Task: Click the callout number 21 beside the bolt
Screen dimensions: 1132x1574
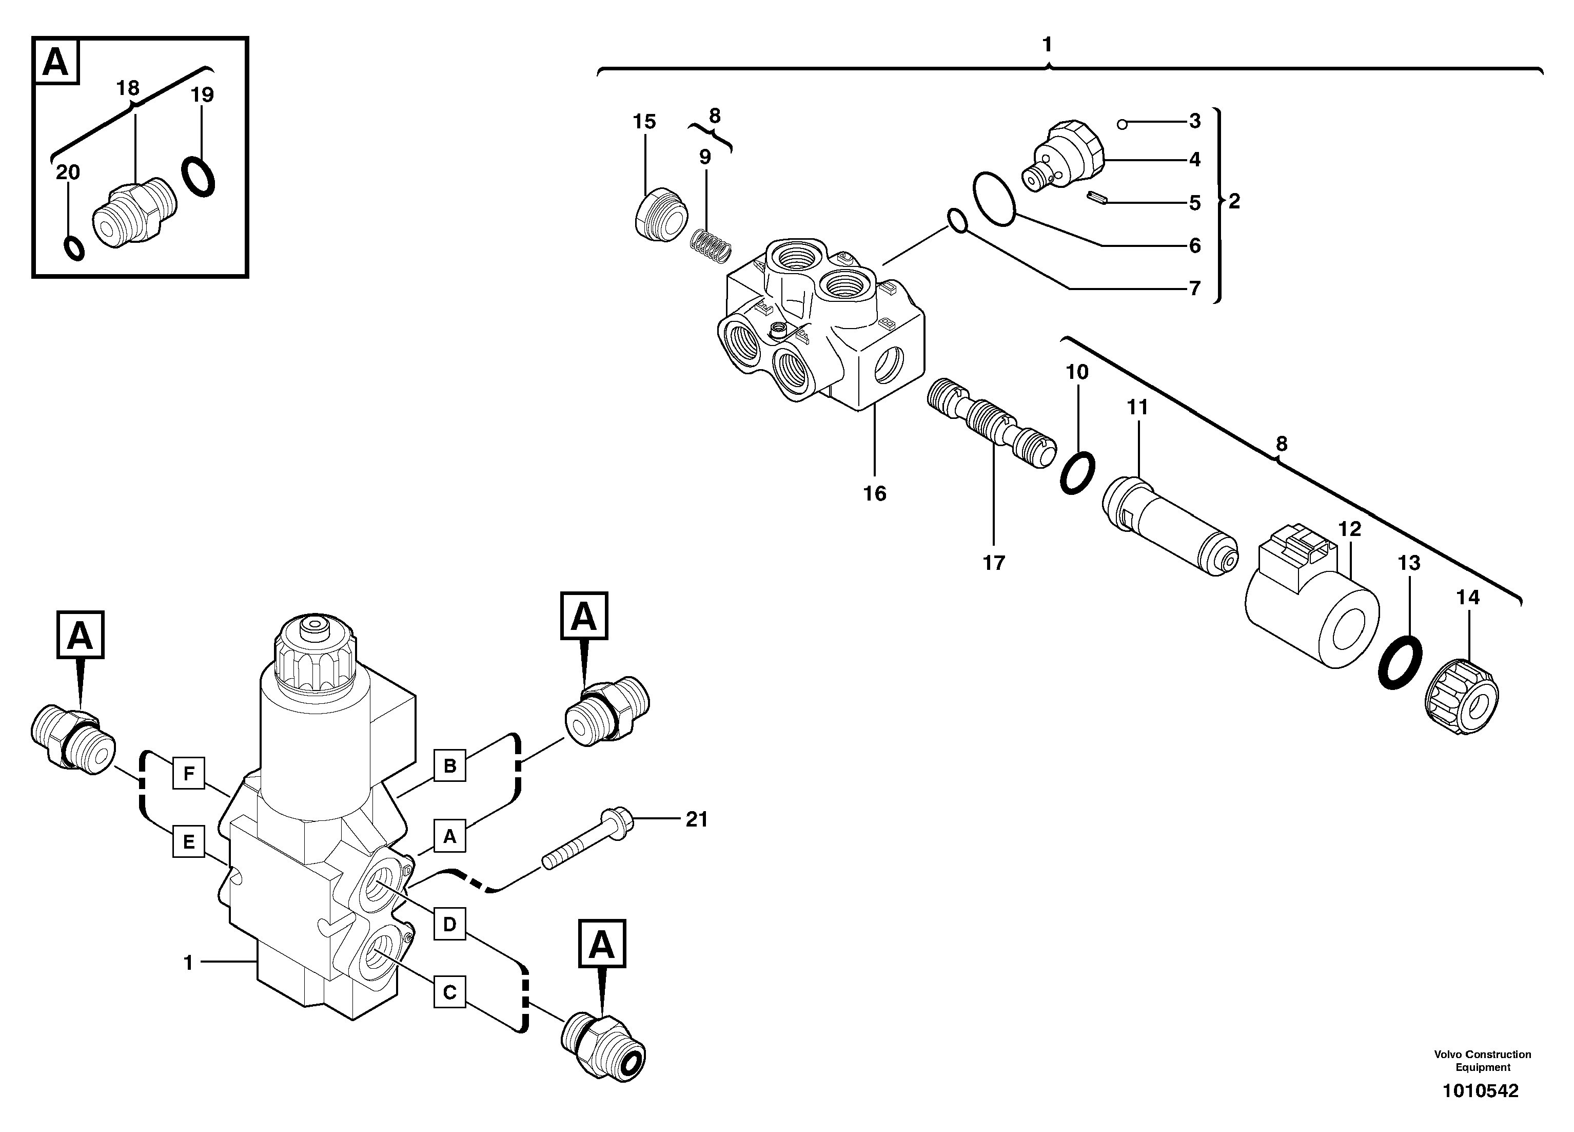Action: coord(696,819)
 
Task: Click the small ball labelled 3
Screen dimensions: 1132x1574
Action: coord(1122,124)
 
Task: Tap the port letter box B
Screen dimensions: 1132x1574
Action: coord(450,765)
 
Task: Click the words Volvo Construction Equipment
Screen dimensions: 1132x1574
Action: coord(1482,1061)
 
